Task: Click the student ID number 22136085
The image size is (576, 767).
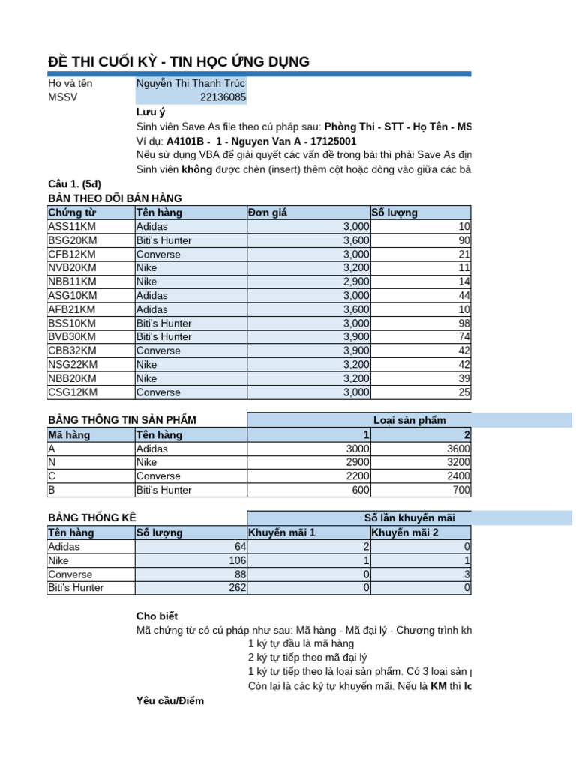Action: (223, 97)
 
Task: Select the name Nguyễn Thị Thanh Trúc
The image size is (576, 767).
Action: (190, 84)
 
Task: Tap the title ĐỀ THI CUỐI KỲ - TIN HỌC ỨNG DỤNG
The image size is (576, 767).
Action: (178, 62)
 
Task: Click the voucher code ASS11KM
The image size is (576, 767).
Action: (72, 226)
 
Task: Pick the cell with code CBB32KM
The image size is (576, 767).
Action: (72, 351)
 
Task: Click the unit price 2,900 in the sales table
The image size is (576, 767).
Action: (356, 282)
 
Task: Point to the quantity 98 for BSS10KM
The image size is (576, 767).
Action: (463, 323)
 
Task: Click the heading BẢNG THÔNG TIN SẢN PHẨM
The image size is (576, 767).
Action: (121, 420)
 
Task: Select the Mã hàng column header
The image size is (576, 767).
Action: (66, 434)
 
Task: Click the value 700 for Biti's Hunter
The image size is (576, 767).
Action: (460, 490)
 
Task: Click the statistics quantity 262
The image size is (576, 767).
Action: (235, 588)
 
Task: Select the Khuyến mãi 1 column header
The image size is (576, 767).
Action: (282, 533)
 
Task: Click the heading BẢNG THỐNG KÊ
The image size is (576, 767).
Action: (92, 518)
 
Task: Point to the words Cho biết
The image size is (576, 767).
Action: (157, 616)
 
